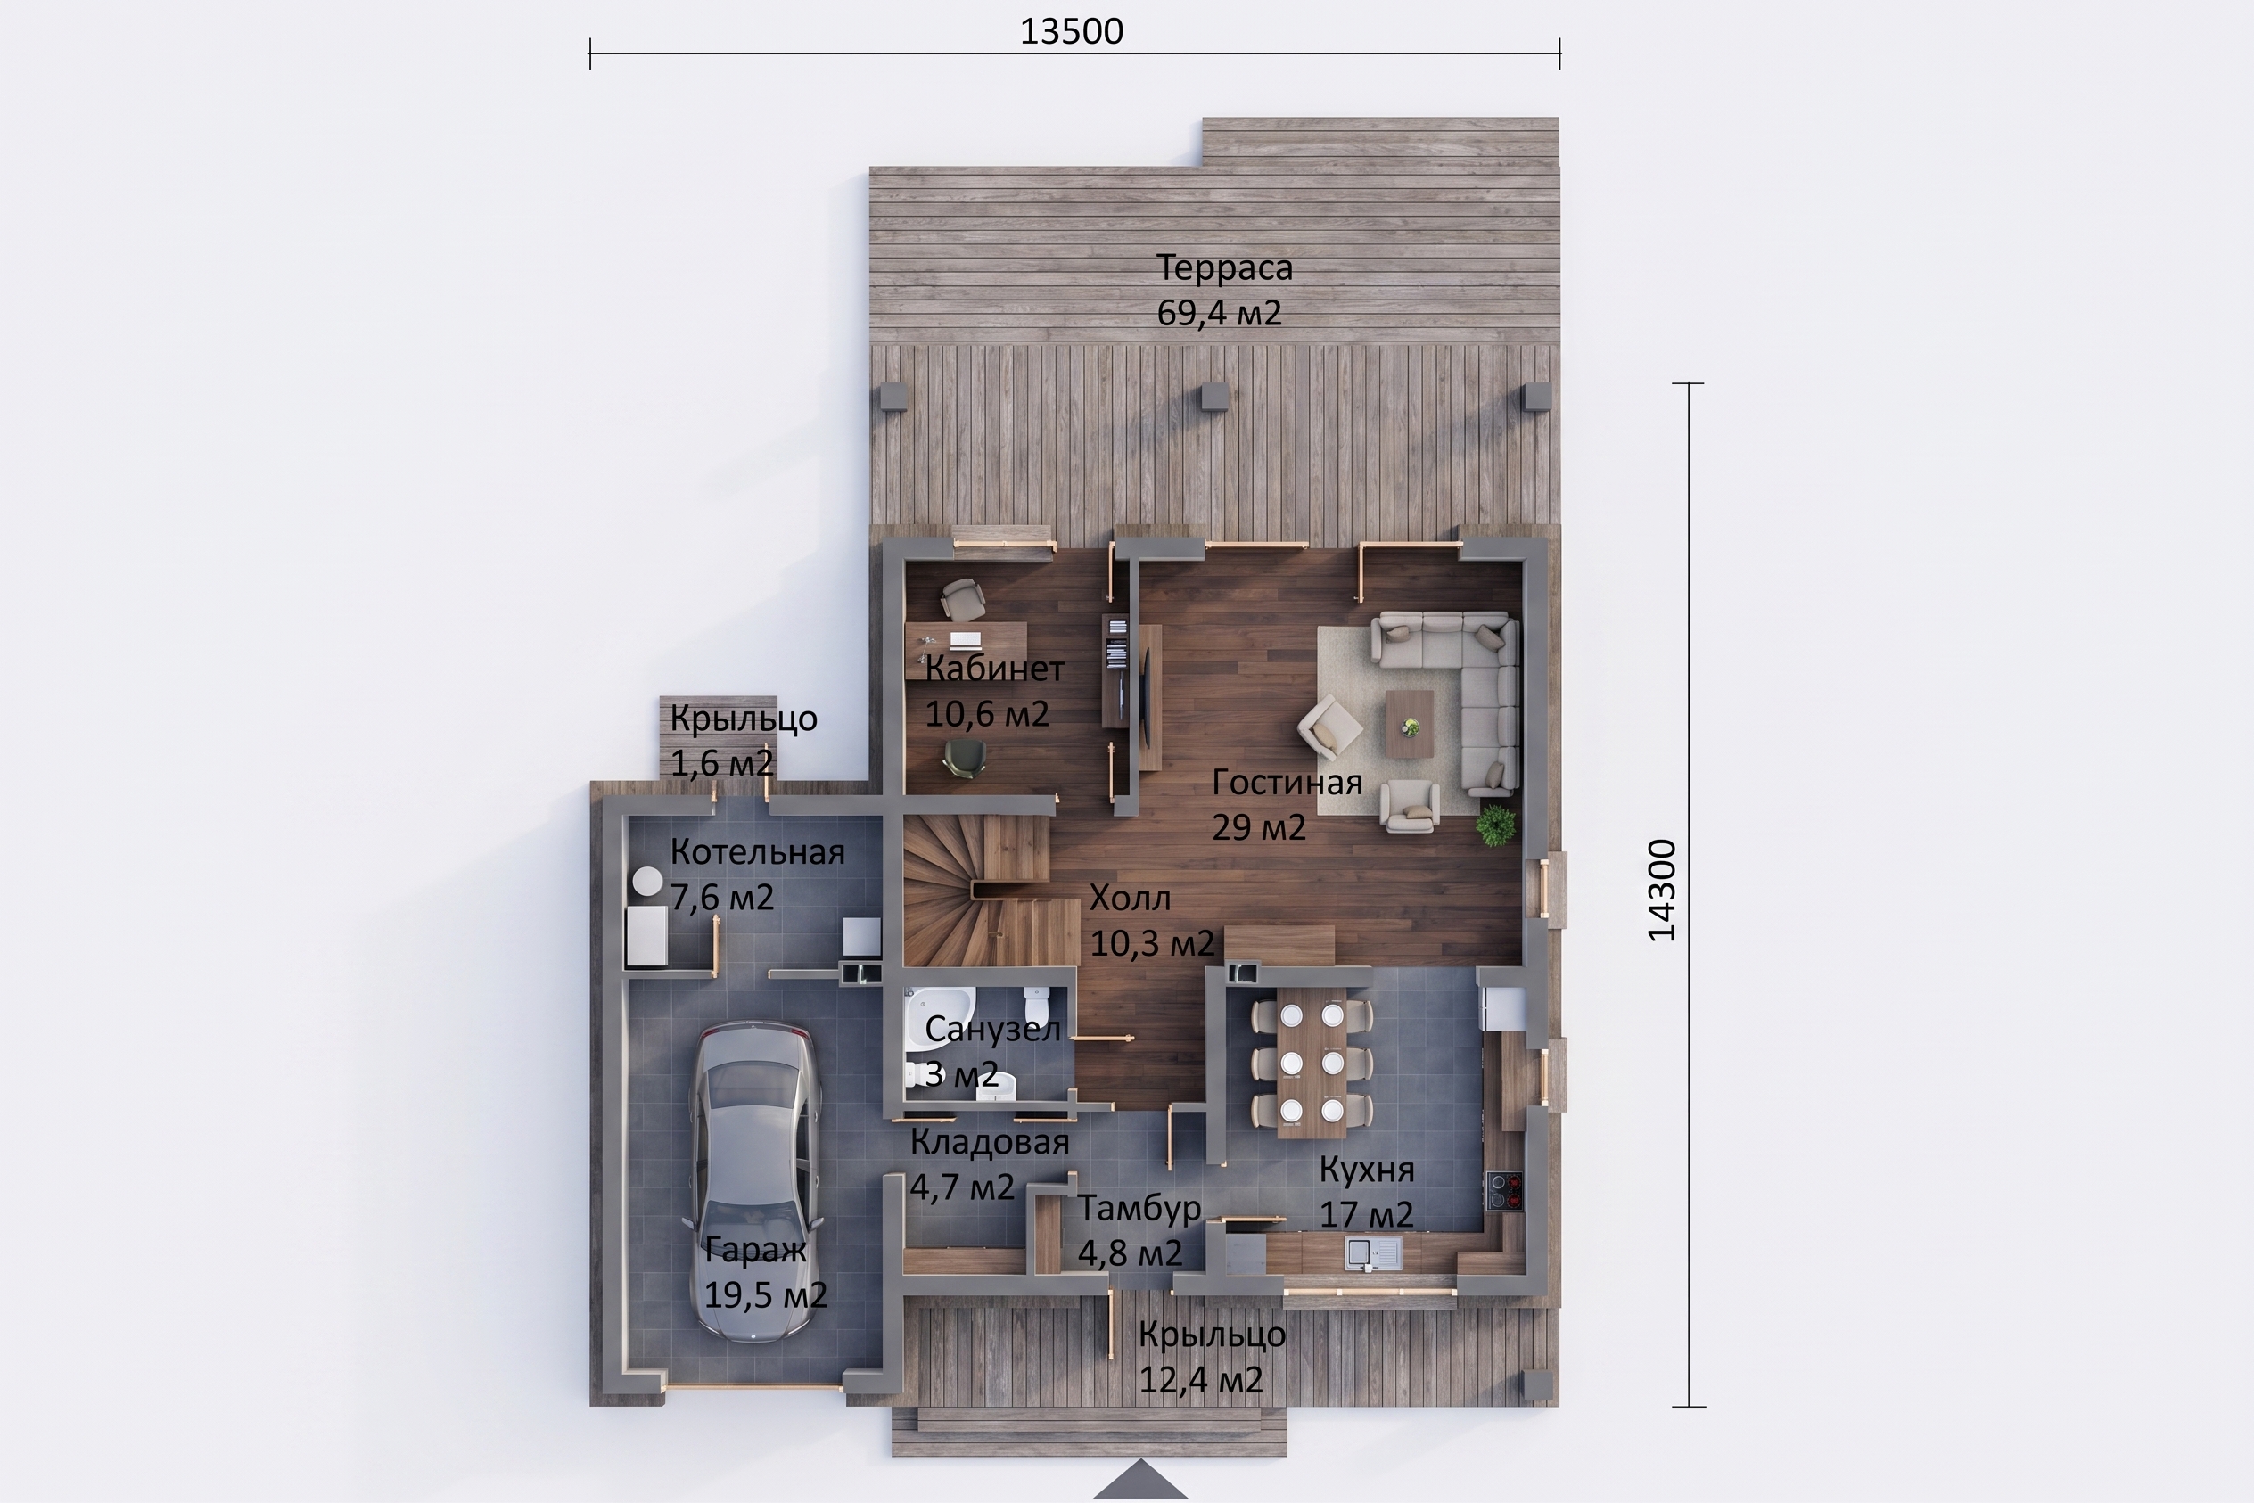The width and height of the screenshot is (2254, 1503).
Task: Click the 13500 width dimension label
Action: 1071,31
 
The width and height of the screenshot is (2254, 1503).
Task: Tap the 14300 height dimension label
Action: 1661,890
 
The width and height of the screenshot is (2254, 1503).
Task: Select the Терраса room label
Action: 1224,267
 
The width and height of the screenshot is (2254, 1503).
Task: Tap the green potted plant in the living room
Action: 1495,825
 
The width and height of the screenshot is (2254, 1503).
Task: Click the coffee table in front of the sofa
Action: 1410,724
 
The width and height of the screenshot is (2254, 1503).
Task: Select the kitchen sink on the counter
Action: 1373,1252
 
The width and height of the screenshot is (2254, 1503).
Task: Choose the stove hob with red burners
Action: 1504,1190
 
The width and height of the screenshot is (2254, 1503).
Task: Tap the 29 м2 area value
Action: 1259,827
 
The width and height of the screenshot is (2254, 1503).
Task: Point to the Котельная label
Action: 757,852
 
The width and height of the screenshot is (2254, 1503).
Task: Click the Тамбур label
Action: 1139,1208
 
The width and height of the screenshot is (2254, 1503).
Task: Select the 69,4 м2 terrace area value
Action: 1219,314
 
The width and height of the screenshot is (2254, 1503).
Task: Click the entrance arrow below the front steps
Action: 1140,1480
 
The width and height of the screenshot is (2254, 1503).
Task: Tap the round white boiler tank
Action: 647,881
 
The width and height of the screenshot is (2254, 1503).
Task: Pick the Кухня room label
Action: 1366,1170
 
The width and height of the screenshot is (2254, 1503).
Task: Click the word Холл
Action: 1130,899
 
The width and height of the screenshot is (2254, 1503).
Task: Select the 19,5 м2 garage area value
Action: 765,1295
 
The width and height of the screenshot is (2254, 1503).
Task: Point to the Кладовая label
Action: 990,1143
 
